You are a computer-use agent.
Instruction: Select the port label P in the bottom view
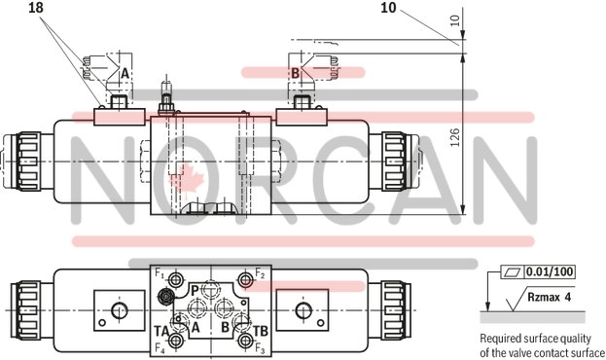click(x=195, y=290)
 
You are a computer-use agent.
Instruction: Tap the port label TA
click(x=161, y=331)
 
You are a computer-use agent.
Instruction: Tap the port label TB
click(x=260, y=331)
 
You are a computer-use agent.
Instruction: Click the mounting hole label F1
click(x=160, y=274)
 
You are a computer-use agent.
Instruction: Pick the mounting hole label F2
click(x=260, y=274)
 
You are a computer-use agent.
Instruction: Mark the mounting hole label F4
click(x=160, y=347)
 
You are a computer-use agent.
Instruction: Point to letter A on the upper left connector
click(x=125, y=73)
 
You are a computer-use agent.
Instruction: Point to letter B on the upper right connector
click(x=295, y=73)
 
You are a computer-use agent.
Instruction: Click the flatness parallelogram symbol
click(x=512, y=271)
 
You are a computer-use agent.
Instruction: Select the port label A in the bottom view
click(x=196, y=328)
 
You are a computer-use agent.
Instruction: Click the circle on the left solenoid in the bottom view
click(x=119, y=310)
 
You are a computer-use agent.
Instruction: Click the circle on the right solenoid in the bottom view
click(x=301, y=310)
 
